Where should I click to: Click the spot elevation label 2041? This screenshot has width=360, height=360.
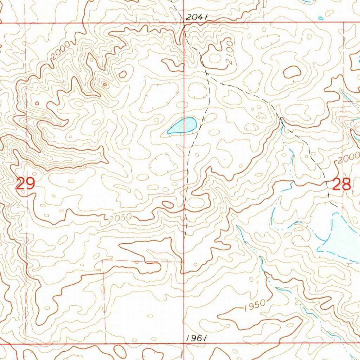pos(197,17)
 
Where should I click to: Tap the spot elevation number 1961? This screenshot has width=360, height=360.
pos(195,338)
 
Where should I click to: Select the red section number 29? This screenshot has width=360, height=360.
pos(25,184)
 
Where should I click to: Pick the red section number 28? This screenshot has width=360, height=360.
pos(341,184)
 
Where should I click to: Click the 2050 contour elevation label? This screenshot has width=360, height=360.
pos(120,218)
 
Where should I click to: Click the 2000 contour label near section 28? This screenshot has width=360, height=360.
pos(348,158)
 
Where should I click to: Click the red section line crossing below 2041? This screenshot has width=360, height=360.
pos(185,23)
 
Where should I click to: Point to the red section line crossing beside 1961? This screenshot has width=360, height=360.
pos(184,343)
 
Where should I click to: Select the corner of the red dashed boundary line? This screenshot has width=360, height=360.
pos(104,261)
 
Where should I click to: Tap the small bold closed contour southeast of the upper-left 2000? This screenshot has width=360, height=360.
pos(123,74)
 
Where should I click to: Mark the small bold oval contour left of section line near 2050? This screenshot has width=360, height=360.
pos(168,205)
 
